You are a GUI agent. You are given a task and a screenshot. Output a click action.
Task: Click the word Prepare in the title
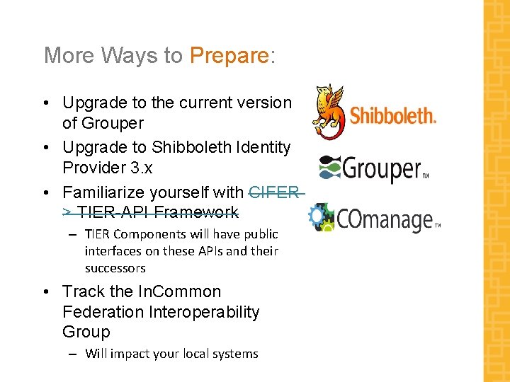(x=229, y=55)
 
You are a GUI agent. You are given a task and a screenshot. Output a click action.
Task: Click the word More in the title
(x=69, y=55)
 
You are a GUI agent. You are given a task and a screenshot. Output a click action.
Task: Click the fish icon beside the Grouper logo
(x=330, y=168)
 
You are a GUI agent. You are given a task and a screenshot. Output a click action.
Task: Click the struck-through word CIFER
(x=275, y=192)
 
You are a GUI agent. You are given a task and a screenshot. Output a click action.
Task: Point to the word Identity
(x=263, y=148)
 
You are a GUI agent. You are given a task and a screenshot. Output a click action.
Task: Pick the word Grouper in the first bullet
(x=112, y=123)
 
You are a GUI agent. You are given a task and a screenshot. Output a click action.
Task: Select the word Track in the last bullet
(x=84, y=291)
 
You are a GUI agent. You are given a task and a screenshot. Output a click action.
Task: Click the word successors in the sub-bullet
(x=115, y=268)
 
